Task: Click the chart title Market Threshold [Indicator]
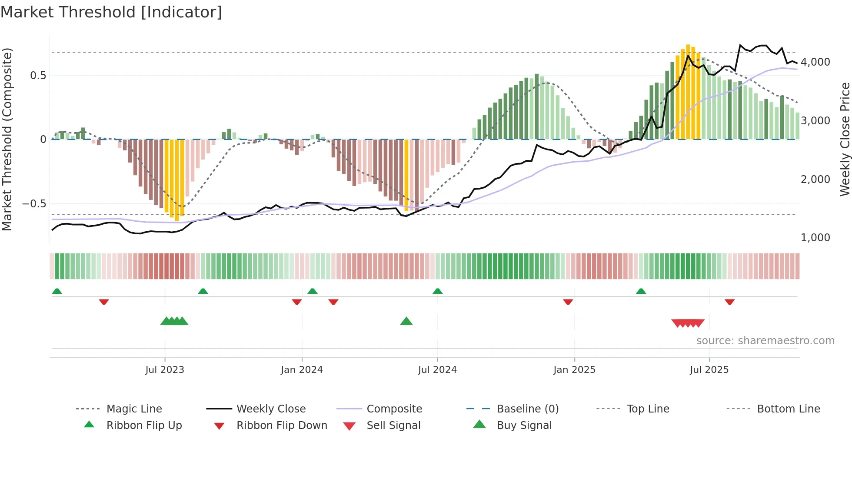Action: [x=111, y=12]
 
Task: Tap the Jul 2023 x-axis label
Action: [x=165, y=370]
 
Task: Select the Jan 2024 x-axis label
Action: [x=302, y=370]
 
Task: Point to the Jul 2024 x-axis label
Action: [x=437, y=370]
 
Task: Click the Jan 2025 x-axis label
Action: [x=574, y=370]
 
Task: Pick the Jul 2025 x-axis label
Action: [x=709, y=370]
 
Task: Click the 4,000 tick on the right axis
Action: [x=815, y=62]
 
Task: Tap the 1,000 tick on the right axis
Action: [x=815, y=238]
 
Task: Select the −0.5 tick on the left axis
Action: [x=34, y=204]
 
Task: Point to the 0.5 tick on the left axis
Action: [x=38, y=76]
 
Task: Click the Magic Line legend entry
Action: [x=134, y=409]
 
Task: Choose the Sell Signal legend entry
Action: [x=393, y=426]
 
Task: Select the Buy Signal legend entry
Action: [x=524, y=426]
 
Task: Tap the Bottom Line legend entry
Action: [x=788, y=409]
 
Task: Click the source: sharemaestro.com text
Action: [x=765, y=341]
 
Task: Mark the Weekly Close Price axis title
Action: [x=845, y=139]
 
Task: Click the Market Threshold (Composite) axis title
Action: [x=7, y=139]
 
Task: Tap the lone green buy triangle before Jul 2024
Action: [x=406, y=322]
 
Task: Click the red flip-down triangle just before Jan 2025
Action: [x=568, y=302]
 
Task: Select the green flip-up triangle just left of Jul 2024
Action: [x=438, y=291]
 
